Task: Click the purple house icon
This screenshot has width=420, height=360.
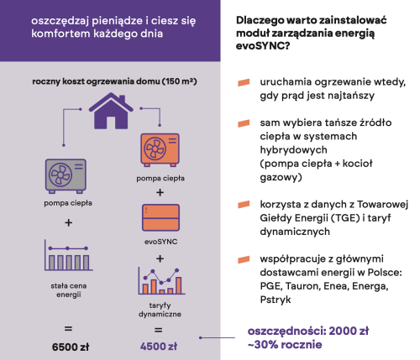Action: tap(111, 111)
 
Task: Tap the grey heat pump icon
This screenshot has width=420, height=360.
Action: tap(66, 176)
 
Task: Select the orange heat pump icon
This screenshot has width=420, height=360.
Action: tap(160, 150)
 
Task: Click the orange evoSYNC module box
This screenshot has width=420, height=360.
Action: tap(160, 217)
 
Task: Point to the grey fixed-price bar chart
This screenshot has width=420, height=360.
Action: tap(69, 255)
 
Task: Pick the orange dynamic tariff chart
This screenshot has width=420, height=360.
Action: tap(161, 281)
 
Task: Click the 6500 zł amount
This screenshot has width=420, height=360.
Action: tap(71, 347)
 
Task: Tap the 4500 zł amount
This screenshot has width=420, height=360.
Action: tap(159, 347)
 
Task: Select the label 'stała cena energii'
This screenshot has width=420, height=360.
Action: tap(69, 290)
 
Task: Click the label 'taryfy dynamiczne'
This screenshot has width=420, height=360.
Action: tap(160, 310)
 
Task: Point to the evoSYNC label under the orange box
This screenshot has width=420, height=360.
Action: tap(160, 242)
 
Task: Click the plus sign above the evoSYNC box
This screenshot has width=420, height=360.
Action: tap(160, 192)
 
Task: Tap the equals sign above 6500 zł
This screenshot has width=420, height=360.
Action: tap(68, 329)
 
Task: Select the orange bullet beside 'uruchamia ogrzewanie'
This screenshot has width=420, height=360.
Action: tap(244, 82)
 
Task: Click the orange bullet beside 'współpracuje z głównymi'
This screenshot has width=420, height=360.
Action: tap(244, 259)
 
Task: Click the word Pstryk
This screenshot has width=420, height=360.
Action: tap(276, 300)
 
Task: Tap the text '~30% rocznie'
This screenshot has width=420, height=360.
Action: tap(285, 344)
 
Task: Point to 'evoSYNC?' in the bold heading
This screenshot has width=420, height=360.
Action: tap(263, 45)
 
